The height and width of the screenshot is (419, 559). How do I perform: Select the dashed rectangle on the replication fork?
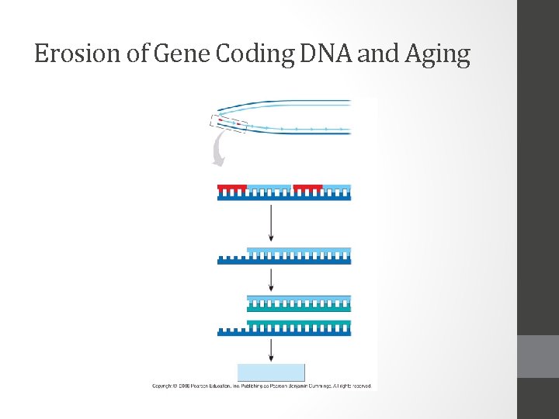point(228,123)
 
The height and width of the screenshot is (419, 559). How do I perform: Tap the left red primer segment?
point(232,188)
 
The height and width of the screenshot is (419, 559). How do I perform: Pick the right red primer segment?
point(307,188)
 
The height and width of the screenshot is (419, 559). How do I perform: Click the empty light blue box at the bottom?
point(271,372)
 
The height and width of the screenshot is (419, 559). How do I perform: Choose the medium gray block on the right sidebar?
point(538,356)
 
